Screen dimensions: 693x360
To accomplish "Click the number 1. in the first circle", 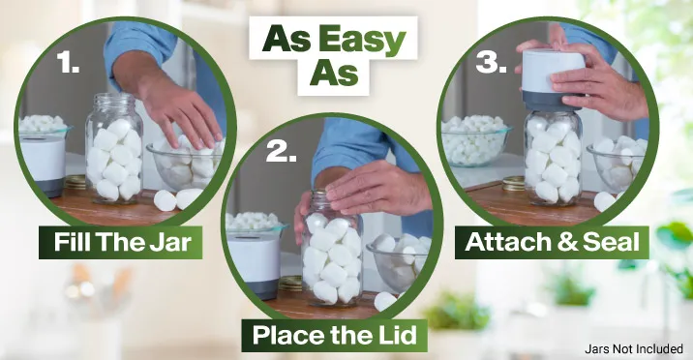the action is (x=68, y=63).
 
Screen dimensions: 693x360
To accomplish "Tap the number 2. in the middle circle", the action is (x=281, y=152).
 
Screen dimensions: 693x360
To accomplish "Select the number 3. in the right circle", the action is (x=491, y=63).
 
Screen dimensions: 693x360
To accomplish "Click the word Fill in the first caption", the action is (x=73, y=242).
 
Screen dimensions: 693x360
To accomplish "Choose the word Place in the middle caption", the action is (x=288, y=335).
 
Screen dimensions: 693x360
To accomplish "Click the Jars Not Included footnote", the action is (x=634, y=349).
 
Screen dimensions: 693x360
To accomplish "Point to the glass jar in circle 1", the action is (x=114, y=148).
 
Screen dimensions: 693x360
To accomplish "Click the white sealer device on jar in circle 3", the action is (x=553, y=79).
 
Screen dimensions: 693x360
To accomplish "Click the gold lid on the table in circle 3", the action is (x=513, y=183).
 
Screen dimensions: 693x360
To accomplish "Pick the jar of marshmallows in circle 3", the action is (x=553, y=158).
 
